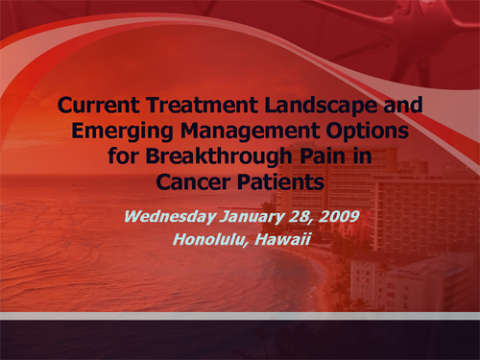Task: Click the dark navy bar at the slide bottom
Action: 240,341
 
